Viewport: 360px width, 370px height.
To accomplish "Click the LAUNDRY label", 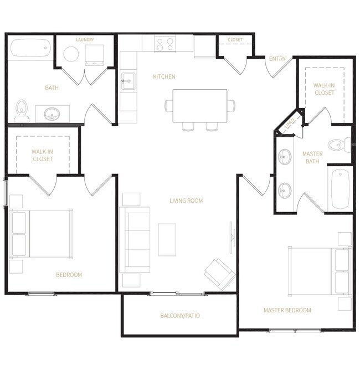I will coord(85,40).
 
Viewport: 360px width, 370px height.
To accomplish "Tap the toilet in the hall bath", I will coord(22,111).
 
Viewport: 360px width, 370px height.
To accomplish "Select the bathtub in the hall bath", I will coord(30,48).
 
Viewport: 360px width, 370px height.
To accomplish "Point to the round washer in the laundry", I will coord(71,54).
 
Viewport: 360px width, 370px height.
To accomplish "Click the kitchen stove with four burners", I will coord(165,44).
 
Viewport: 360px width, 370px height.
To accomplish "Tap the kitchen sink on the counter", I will coord(127,81).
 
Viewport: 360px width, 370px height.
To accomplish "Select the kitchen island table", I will coord(200,106).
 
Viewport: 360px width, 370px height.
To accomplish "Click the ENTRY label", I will coord(276,59).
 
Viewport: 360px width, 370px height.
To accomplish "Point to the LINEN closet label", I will coord(289,126).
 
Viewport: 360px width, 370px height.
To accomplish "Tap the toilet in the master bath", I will coord(338,145).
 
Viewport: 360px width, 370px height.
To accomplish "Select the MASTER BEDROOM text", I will coord(287,310).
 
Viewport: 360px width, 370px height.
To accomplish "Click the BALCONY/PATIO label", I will coord(180,316).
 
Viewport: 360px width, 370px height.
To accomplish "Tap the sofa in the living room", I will coord(136,239).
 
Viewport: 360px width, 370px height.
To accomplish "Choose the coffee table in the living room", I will coord(167,239).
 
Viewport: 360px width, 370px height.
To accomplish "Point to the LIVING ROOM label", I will coord(186,201).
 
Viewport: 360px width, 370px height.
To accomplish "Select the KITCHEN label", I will coord(164,76).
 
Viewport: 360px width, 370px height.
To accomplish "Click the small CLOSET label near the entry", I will coord(235,40).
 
